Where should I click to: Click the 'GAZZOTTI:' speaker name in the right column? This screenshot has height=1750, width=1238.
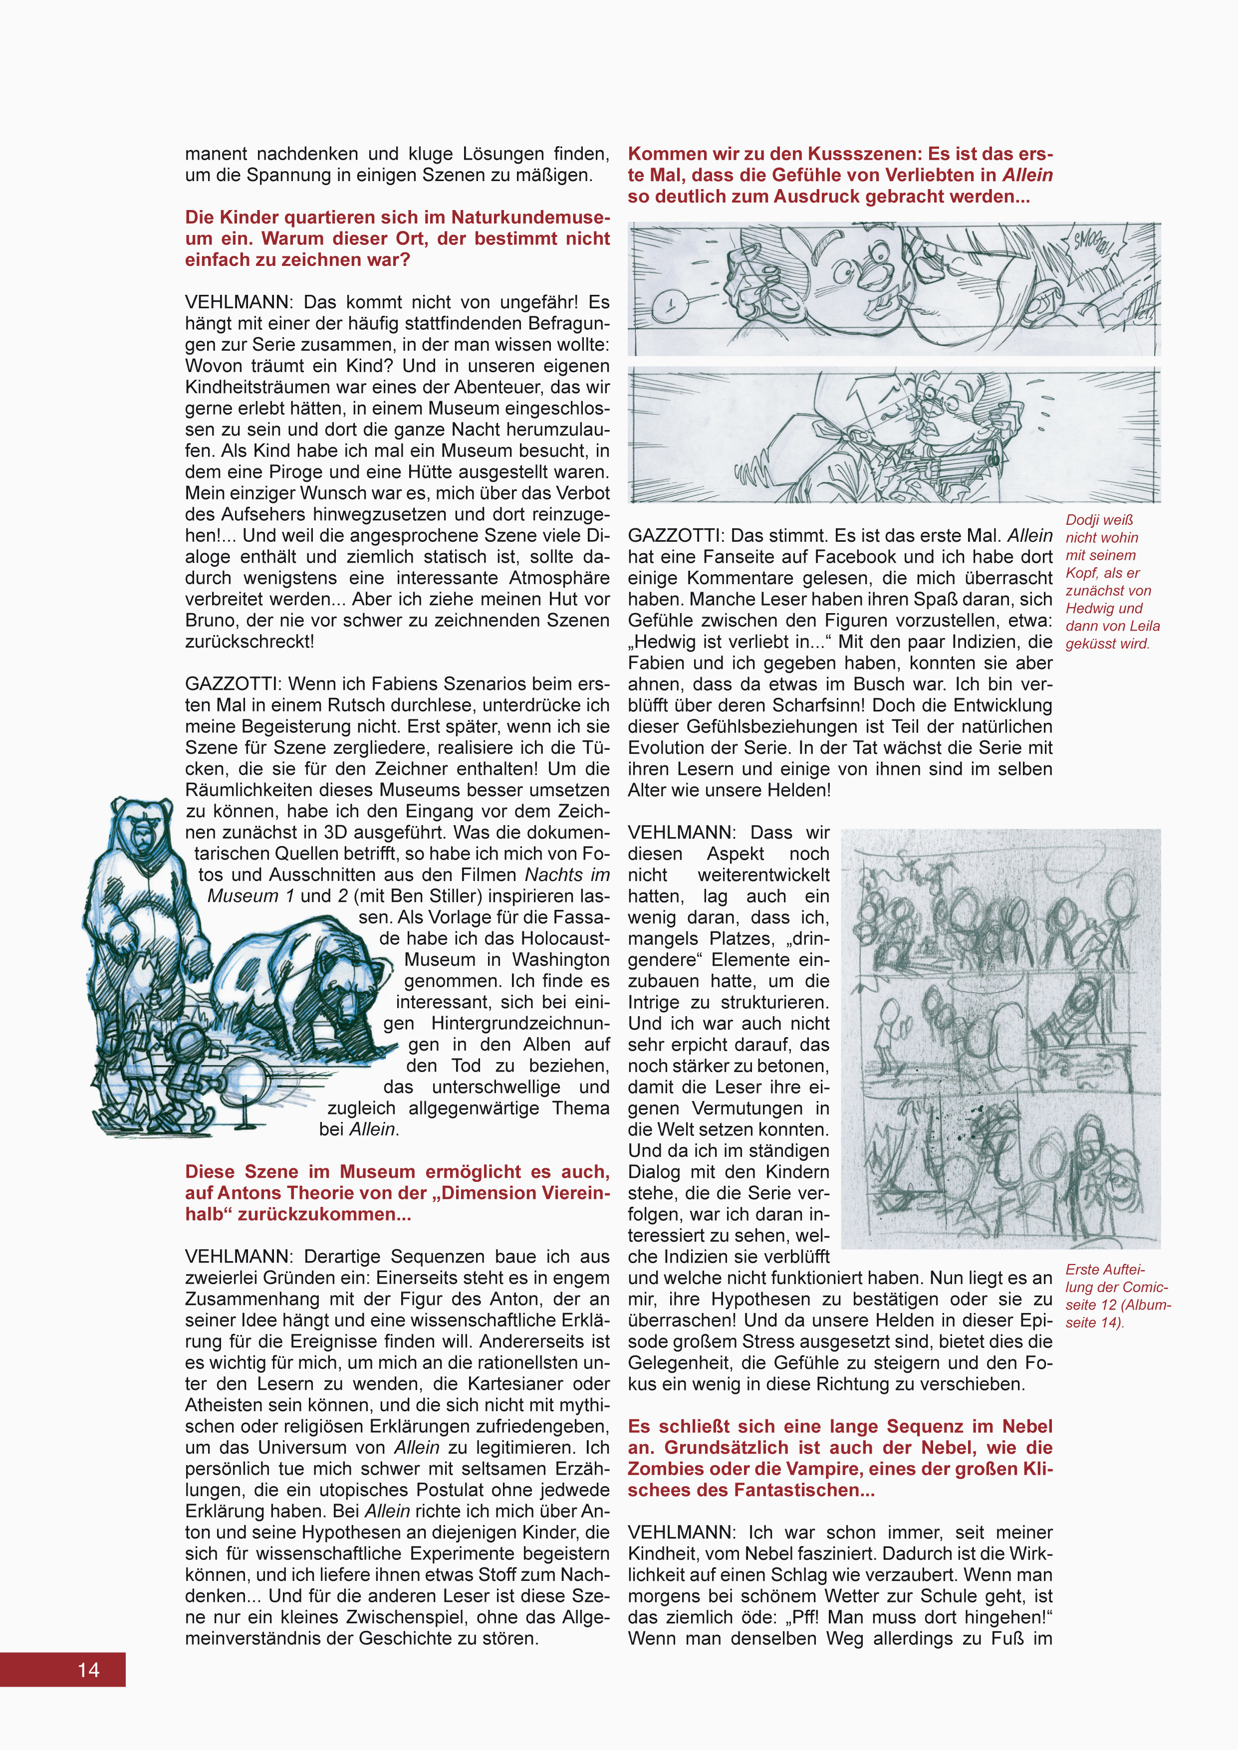(676, 536)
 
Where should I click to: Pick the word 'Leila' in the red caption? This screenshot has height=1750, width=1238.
(1136, 626)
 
